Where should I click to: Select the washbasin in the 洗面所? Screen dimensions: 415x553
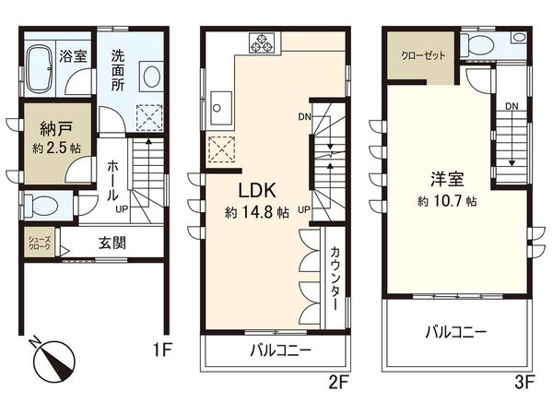tap(151, 74)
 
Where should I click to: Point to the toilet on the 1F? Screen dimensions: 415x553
tap(41, 205)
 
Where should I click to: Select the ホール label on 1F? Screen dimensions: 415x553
tap(112, 181)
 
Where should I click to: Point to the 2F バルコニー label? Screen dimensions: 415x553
tap(280, 350)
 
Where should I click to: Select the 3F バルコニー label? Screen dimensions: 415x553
tap(456, 332)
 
